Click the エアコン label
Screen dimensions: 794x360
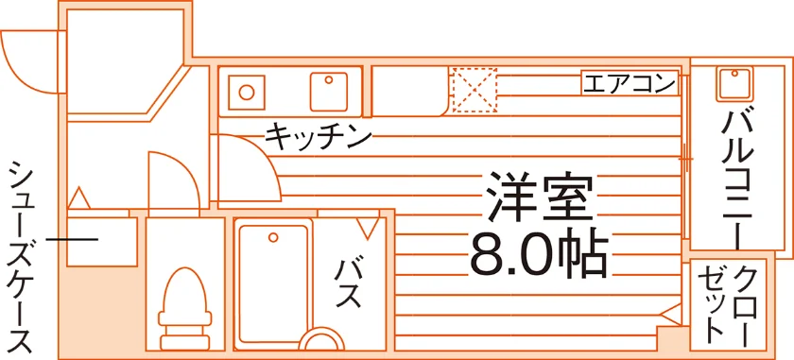630,82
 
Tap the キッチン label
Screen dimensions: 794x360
319,136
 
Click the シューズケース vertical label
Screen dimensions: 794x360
21,257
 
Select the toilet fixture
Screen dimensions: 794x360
184,308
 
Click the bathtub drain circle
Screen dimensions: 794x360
273,237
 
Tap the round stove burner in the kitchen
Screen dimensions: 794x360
247,93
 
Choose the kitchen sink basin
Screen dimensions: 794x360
329,92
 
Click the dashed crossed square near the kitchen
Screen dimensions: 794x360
475,90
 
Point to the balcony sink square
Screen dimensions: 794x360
734,84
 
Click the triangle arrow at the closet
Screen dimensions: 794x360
671,315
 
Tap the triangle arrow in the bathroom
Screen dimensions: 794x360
368,228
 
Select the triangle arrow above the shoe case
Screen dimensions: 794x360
79,198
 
